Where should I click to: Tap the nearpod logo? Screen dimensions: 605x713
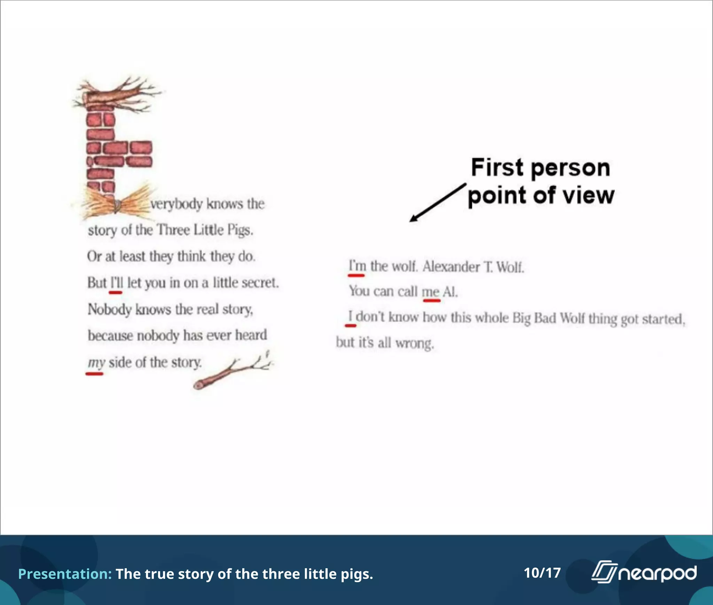point(644,573)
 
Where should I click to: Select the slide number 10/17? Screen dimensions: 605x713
point(542,573)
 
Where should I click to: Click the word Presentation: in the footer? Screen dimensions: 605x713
point(65,574)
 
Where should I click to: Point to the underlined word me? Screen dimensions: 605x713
point(431,292)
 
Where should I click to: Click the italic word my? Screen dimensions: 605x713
point(96,363)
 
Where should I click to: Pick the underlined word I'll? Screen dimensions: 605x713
point(117,283)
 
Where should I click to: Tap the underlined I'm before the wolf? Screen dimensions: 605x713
point(357,266)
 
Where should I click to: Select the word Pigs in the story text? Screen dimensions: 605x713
point(240,230)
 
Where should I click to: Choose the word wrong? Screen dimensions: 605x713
point(414,344)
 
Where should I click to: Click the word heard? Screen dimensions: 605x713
point(251,335)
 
